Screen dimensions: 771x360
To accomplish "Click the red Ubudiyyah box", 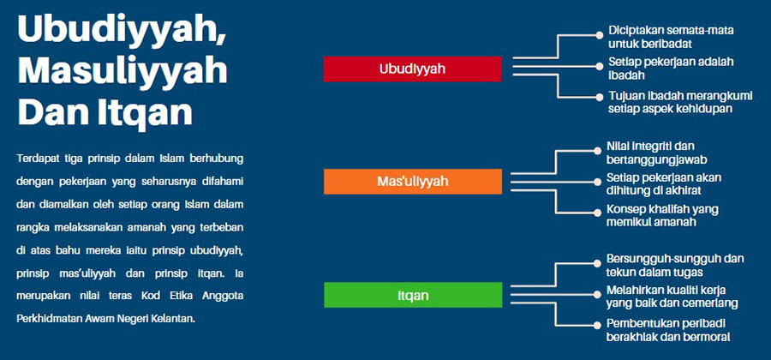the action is [413, 69].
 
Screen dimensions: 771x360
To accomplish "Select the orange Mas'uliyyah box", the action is [413, 182].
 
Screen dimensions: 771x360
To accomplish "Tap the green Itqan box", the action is [413, 295].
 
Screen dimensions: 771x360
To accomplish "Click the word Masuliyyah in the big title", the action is [123, 71].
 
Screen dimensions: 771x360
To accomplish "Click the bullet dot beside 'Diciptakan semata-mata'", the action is [599, 35].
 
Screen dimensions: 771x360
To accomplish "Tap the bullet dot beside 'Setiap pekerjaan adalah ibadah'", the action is [599, 66].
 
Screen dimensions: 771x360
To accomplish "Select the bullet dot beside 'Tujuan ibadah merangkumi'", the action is [599, 97].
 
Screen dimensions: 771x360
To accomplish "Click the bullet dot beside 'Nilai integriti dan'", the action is [597, 151].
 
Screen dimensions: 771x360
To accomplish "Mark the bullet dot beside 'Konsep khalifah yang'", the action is [597, 213].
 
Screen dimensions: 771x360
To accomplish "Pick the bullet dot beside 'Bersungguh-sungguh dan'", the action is [597, 263].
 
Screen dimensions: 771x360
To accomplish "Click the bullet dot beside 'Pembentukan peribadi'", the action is [597, 325].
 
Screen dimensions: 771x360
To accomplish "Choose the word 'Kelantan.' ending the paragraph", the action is [175, 319].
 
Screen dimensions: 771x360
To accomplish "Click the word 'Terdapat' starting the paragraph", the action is [34, 159].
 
